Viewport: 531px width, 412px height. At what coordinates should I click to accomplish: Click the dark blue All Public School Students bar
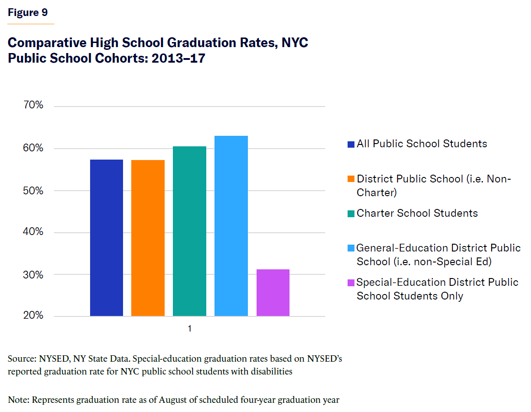107,238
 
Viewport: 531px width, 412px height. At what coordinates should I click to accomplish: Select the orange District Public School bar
148,238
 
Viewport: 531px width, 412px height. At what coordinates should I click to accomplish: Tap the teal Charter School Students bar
189,231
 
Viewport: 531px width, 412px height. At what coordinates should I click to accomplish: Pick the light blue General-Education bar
231,226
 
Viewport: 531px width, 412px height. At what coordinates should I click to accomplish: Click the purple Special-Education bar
273,293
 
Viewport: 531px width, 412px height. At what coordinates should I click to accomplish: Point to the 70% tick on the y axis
33,106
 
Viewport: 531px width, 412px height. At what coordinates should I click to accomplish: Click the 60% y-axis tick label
33,148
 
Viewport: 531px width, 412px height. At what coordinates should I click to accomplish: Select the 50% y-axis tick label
33,191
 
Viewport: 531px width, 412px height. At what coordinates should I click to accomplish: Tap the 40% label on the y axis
33,232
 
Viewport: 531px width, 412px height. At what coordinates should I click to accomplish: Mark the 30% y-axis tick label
33,275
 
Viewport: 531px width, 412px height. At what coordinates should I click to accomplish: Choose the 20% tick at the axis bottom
33,316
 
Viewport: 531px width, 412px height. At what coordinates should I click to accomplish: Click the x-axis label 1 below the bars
189,329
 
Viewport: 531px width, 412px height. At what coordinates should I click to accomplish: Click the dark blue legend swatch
351,144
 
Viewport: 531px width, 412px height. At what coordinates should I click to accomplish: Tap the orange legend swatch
351,179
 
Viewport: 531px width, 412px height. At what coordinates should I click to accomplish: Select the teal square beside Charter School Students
351,214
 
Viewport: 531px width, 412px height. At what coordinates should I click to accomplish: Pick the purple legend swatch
351,283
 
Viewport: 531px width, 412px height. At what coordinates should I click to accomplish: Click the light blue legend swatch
351,248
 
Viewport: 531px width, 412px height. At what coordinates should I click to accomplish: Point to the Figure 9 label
28,12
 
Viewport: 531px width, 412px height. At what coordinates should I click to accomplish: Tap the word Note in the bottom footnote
18,400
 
